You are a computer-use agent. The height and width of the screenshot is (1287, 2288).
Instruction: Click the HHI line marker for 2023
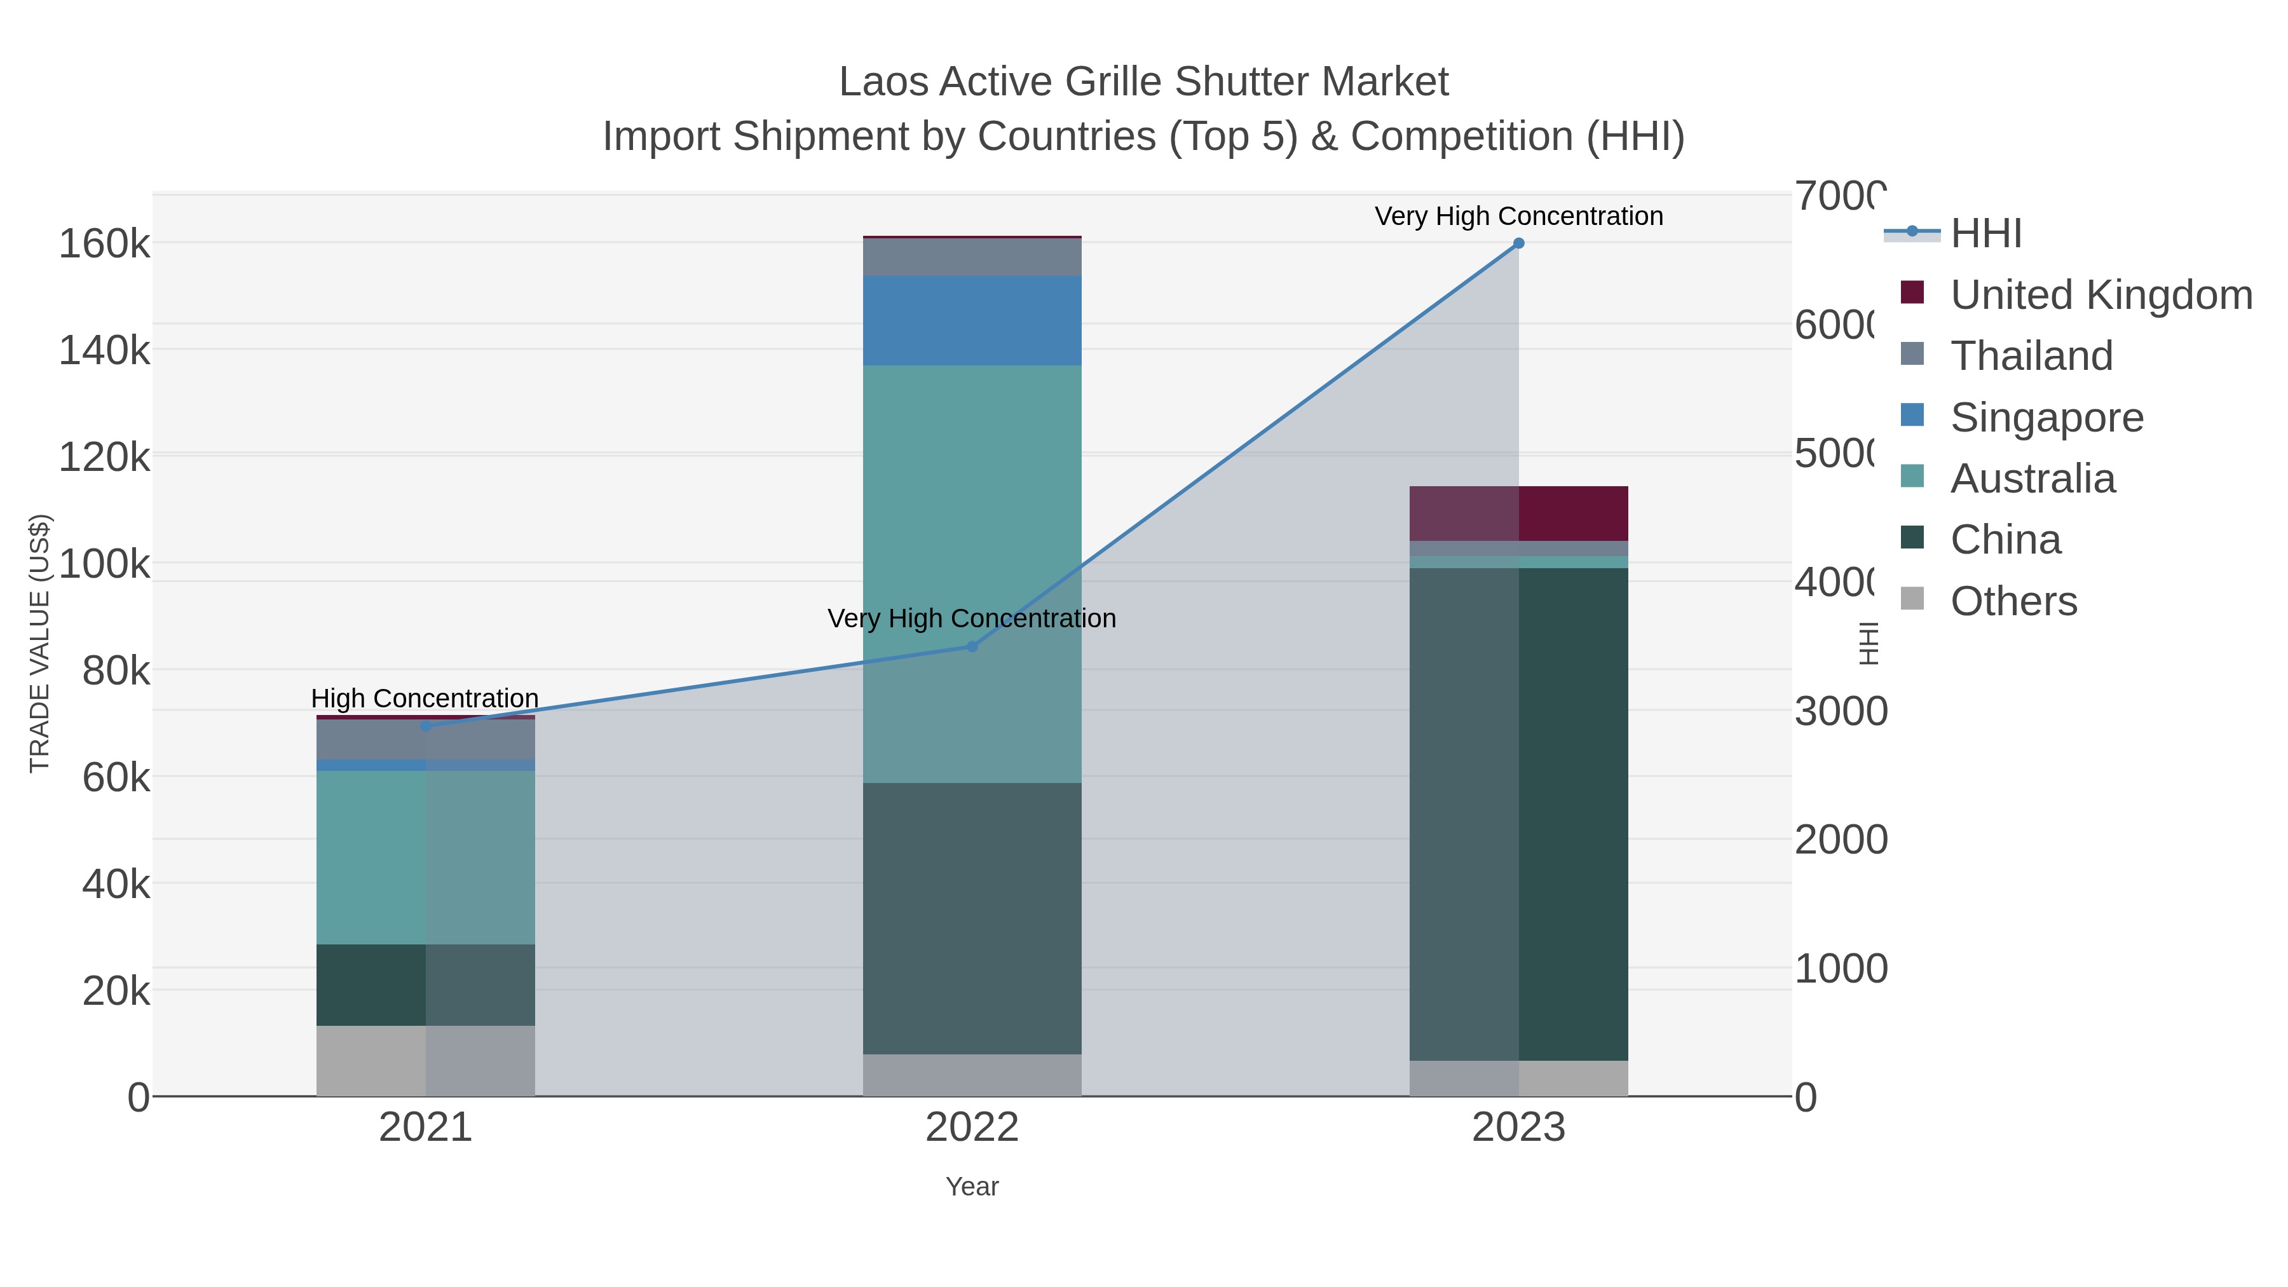[x=1518, y=243]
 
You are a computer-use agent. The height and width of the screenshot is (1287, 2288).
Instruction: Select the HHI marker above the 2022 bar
[x=972, y=646]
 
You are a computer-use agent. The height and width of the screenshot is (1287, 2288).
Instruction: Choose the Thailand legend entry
[x=2031, y=356]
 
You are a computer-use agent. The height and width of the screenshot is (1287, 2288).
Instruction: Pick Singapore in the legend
[x=2046, y=418]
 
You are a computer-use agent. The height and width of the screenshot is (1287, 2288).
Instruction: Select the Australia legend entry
[x=2033, y=479]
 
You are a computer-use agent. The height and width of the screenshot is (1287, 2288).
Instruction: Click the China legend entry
[x=2005, y=540]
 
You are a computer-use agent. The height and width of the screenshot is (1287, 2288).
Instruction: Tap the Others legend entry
[x=2013, y=601]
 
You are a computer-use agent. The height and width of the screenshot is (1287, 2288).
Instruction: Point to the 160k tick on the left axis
[x=105, y=244]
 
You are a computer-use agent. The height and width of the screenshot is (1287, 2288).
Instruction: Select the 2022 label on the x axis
[x=972, y=1128]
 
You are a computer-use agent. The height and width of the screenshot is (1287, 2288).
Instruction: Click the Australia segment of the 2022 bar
[x=972, y=574]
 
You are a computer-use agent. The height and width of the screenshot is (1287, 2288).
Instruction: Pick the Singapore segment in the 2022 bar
[x=972, y=321]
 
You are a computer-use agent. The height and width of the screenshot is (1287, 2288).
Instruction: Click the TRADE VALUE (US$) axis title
[x=40, y=643]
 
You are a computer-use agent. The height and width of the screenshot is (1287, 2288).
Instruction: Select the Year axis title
[x=972, y=1187]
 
